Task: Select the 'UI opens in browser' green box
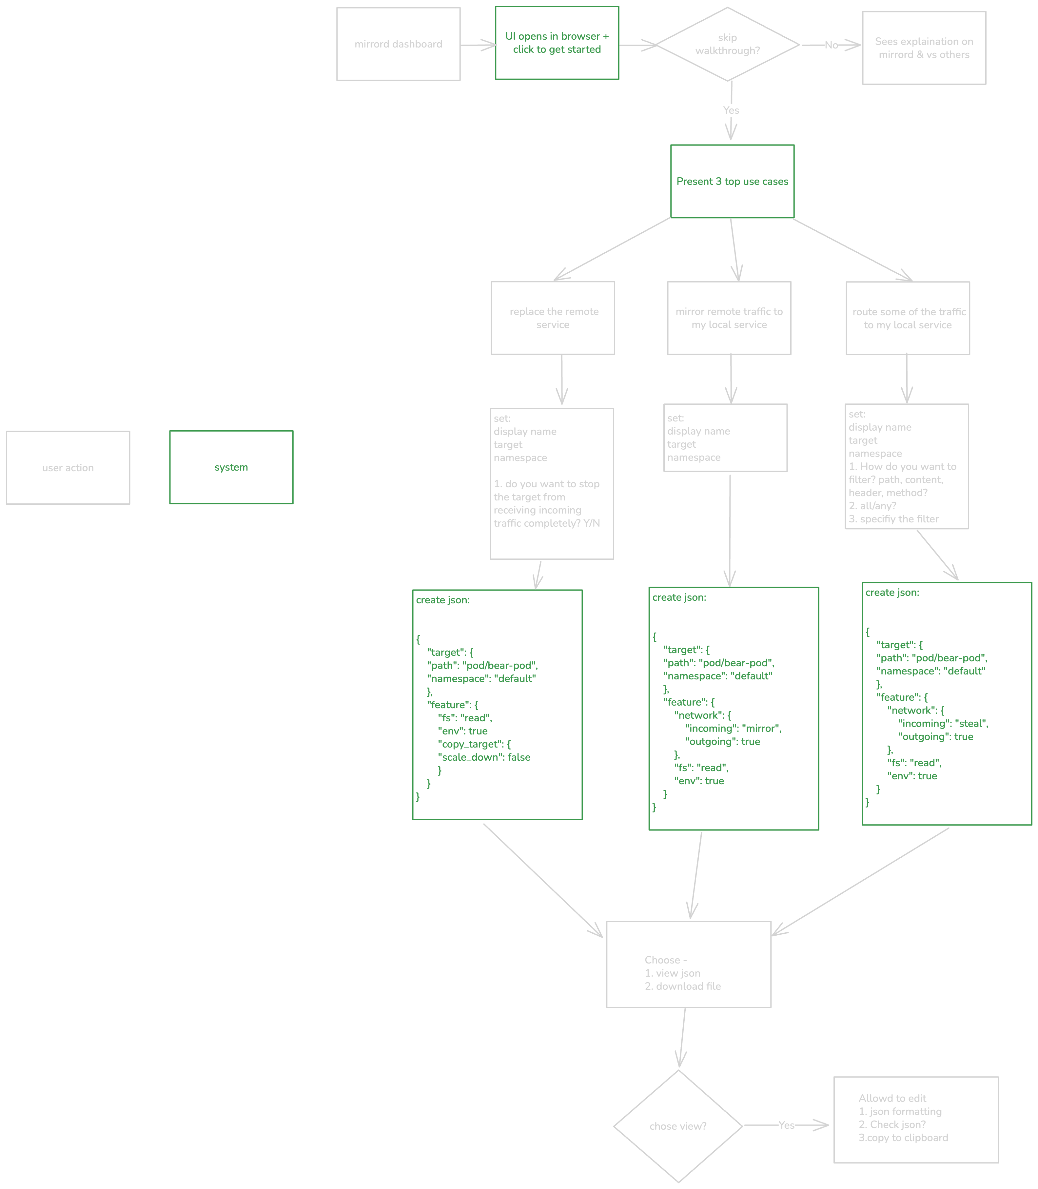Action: (557, 43)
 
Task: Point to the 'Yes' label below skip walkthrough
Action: (731, 110)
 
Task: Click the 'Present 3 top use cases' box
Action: (732, 181)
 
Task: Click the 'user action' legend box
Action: (68, 467)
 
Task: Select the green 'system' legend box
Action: (231, 467)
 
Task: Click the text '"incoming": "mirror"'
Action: (733, 728)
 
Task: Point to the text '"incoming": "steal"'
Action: (943, 723)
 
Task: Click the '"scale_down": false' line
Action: (484, 757)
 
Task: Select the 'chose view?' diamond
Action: (678, 1126)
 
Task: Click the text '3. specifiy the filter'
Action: (893, 519)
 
